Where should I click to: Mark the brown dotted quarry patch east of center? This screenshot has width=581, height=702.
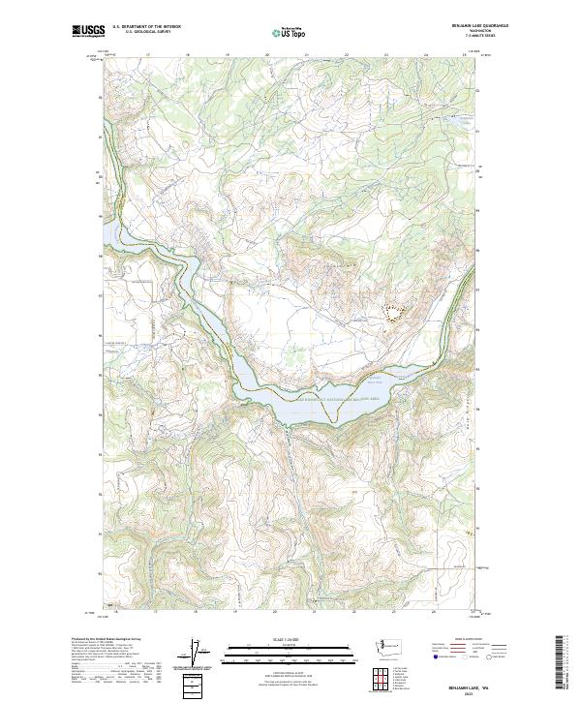(392, 311)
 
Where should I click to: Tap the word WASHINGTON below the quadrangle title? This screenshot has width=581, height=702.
(477, 31)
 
